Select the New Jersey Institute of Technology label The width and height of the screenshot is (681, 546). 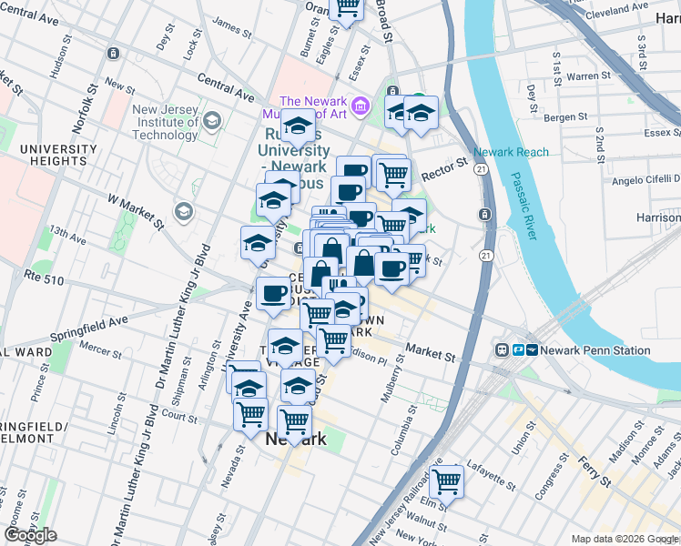click(x=165, y=123)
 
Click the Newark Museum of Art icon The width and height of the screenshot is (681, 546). click(x=361, y=106)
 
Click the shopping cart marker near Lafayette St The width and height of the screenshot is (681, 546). click(x=446, y=480)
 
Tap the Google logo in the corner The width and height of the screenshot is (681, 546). click(x=30, y=534)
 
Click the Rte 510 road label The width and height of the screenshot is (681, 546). click(x=45, y=280)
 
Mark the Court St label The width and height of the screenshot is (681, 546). click(x=179, y=418)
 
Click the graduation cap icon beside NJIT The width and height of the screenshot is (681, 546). click(x=212, y=121)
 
